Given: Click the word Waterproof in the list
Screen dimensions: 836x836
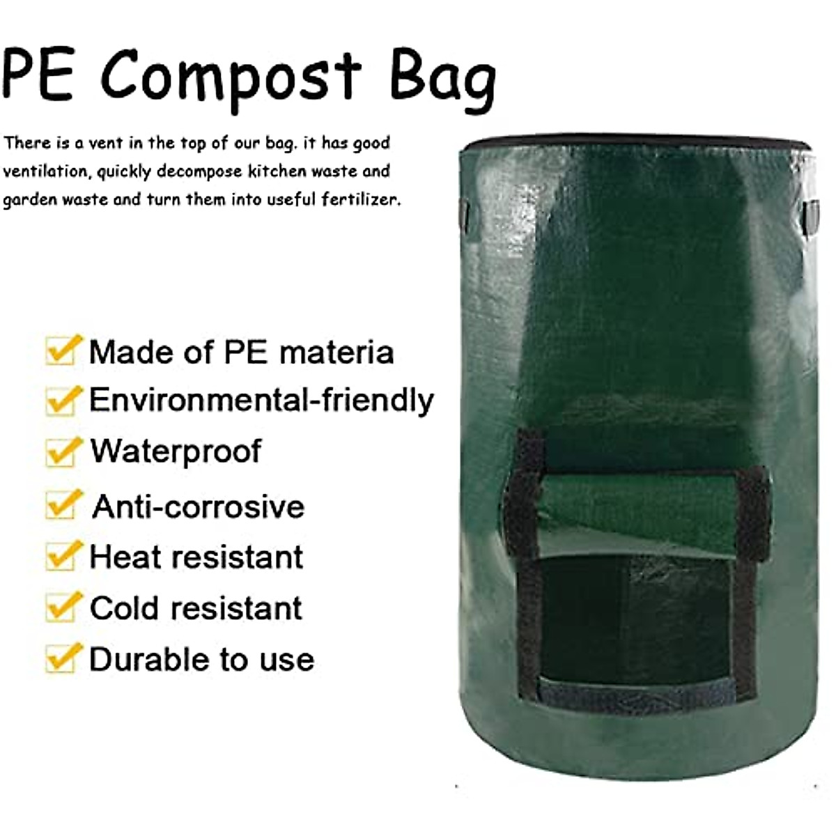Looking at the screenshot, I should click(176, 451).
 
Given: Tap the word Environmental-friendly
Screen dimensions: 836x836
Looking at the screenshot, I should click(261, 401).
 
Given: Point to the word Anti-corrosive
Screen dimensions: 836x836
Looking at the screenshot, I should click(199, 506).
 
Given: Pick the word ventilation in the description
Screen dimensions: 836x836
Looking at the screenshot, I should click(45, 171).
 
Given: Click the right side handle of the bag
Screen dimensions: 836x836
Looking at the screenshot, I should click(811, 216).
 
